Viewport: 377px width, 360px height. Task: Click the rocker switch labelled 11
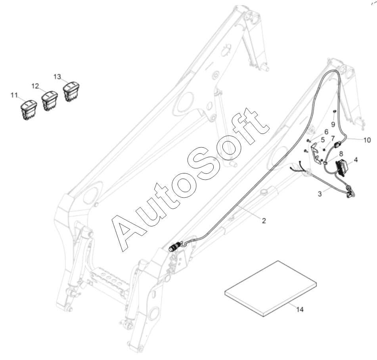click(x=29, y=107)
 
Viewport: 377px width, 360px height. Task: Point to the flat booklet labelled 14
click(x=271, y=288)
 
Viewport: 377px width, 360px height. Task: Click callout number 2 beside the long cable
click(x=264, y=221)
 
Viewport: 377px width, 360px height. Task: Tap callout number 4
click(x=356, y=160)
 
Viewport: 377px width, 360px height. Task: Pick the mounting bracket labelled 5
click(x=318, y=154)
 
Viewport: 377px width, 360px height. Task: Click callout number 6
click(x=326, y=131)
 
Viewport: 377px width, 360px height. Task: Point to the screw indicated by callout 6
click(x=308, y=140)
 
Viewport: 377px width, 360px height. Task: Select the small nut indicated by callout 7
click(x=324, y=149)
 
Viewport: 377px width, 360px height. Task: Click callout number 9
click(x=333, y=124)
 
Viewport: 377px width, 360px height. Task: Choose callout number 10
click(x=366, y=140)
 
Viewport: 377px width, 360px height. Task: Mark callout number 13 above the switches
click(x=58, y=76)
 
